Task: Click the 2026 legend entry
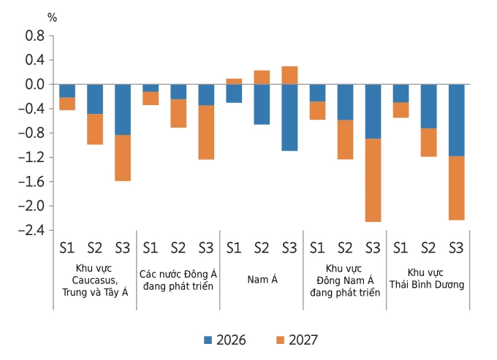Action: [224, 340]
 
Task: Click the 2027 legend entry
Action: [296, 340]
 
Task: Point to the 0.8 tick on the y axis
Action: [34, 35]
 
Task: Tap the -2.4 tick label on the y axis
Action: [31, 230]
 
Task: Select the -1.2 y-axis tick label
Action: [31, 157]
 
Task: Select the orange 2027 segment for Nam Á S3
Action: [289, 75]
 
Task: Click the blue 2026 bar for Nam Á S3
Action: [289, 118]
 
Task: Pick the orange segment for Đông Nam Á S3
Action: [373, 180]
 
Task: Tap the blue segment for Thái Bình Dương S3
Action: [456, 120]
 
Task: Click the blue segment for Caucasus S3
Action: [123, 110]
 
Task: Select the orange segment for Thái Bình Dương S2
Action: [428, 142]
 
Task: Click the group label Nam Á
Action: [262, 278]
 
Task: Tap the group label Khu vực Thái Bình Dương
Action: [428, 278]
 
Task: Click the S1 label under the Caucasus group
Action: [67, 247]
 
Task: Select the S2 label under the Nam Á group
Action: [262, 247]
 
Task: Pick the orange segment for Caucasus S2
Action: [95, 129]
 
